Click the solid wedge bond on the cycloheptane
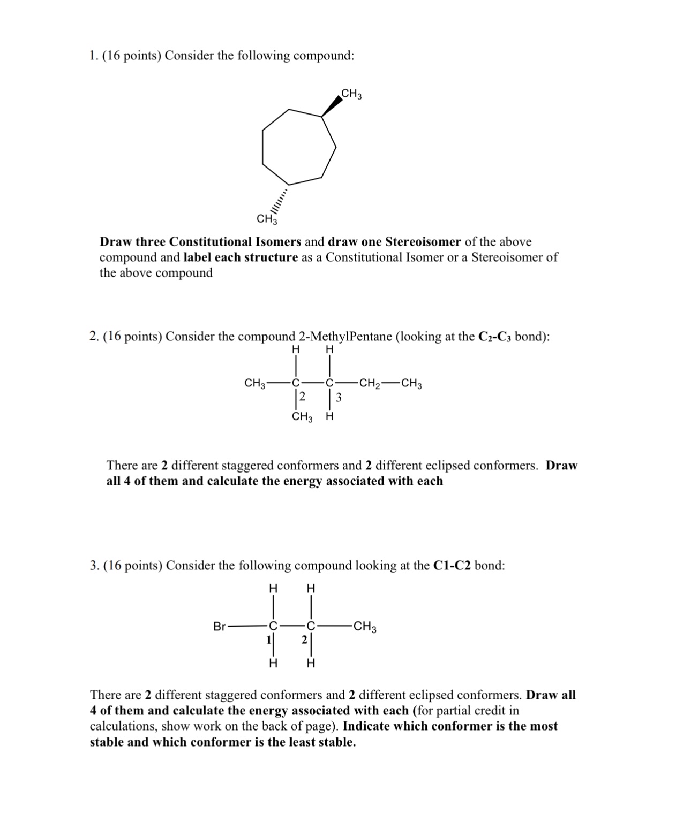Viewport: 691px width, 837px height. coord(331,106)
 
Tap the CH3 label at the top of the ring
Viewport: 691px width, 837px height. coord(351,94)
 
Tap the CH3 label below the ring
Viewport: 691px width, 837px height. coord(267,219)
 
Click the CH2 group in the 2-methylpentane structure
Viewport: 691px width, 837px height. coord(370,383)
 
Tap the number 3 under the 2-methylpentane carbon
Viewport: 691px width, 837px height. coord(339,397)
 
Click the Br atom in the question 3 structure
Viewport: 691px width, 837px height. coord(220,626)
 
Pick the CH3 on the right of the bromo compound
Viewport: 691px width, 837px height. coord(365,626)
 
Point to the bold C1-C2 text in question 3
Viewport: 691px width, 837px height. coord(452,566)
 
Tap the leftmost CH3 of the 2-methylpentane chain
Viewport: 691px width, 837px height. coord(255,383)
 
